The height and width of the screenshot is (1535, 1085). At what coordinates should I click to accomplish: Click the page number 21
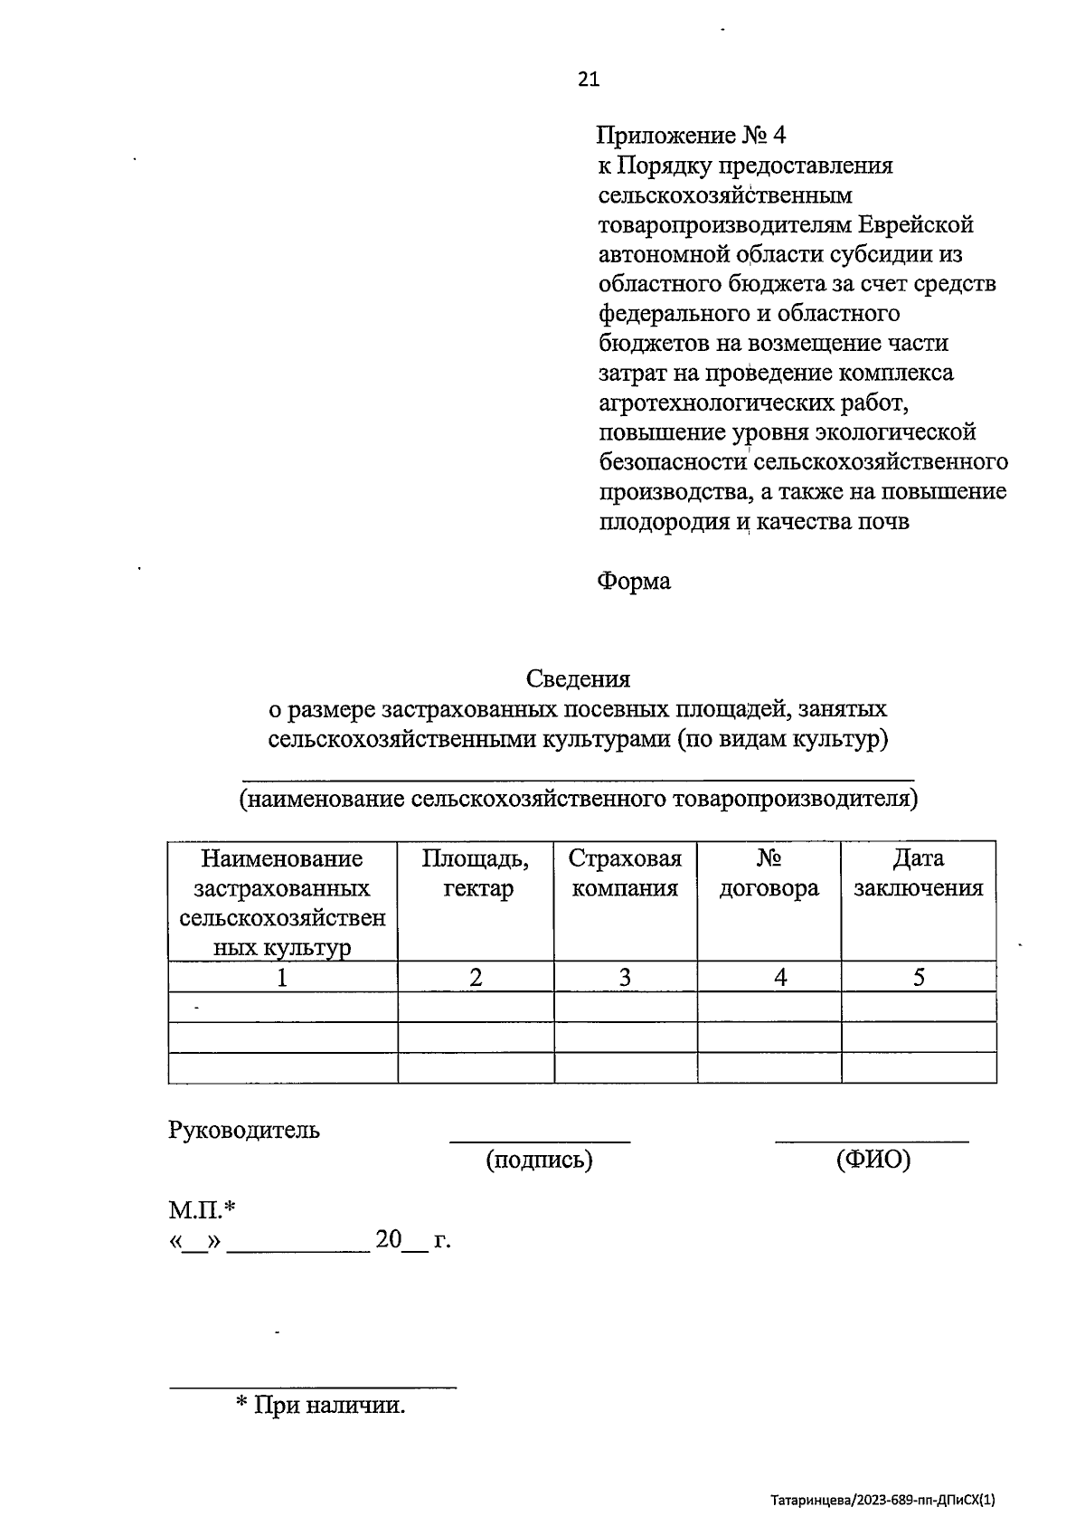click(x=588, y=80)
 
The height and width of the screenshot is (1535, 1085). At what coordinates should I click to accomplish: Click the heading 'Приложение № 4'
click(x=691, y=136)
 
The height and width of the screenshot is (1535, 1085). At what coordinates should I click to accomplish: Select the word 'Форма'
click(x=634, y=582)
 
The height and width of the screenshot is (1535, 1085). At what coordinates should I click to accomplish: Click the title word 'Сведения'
click(x=579, y=678)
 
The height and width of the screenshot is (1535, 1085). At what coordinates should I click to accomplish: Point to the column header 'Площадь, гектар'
click(x=476, y=874)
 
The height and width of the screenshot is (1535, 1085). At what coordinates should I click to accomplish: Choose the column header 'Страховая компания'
click(x=625, y=874)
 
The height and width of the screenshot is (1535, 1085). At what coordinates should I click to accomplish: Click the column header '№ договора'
click(x=769, y=874)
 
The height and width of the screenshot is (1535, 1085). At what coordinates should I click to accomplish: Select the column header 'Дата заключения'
click(x=918, y=874)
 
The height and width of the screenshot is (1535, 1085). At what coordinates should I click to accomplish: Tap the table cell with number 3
click(x=625, y=977)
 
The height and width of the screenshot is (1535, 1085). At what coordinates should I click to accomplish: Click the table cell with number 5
click(x=918, y=977)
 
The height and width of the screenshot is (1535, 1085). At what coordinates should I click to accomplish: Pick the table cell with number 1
click(x=283, y=977)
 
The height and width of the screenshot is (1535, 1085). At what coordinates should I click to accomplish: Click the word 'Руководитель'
click(x=244, y=1130)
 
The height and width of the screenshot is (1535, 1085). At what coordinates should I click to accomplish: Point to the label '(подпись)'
click(x=539, y=1160)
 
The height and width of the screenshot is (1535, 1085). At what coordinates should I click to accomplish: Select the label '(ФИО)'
click(x=873, y=1160)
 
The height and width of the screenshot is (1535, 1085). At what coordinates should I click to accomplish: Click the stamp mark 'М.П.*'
click(x=202, y=1209)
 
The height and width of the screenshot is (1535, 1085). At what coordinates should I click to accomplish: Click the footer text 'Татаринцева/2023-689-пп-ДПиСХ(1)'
click(x=883, y=1501)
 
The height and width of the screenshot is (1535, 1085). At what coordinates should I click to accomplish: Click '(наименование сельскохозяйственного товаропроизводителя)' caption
click(x=579, y=800)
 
